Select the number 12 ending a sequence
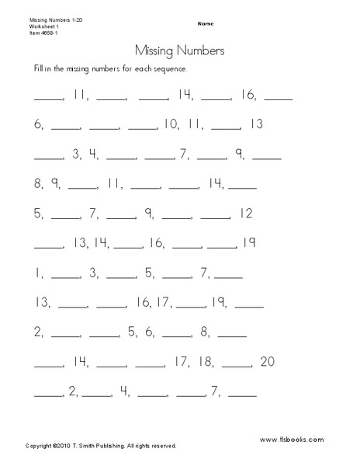point(247,212)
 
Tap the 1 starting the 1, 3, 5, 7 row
point(37,272)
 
